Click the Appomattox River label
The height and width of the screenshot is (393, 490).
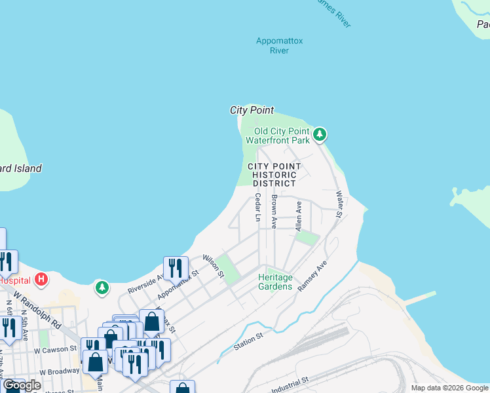279,45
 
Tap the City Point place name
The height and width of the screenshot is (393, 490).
252,110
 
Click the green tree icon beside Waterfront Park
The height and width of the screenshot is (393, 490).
319,135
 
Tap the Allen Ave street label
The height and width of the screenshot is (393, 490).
299,215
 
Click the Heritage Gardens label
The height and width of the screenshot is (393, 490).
274,282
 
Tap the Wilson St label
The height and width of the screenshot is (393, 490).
213,266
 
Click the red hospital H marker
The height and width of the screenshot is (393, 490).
41,280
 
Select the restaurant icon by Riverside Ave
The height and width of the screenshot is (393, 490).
176,267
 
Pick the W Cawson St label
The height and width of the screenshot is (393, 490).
56,349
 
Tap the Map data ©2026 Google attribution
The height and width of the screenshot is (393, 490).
449,388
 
